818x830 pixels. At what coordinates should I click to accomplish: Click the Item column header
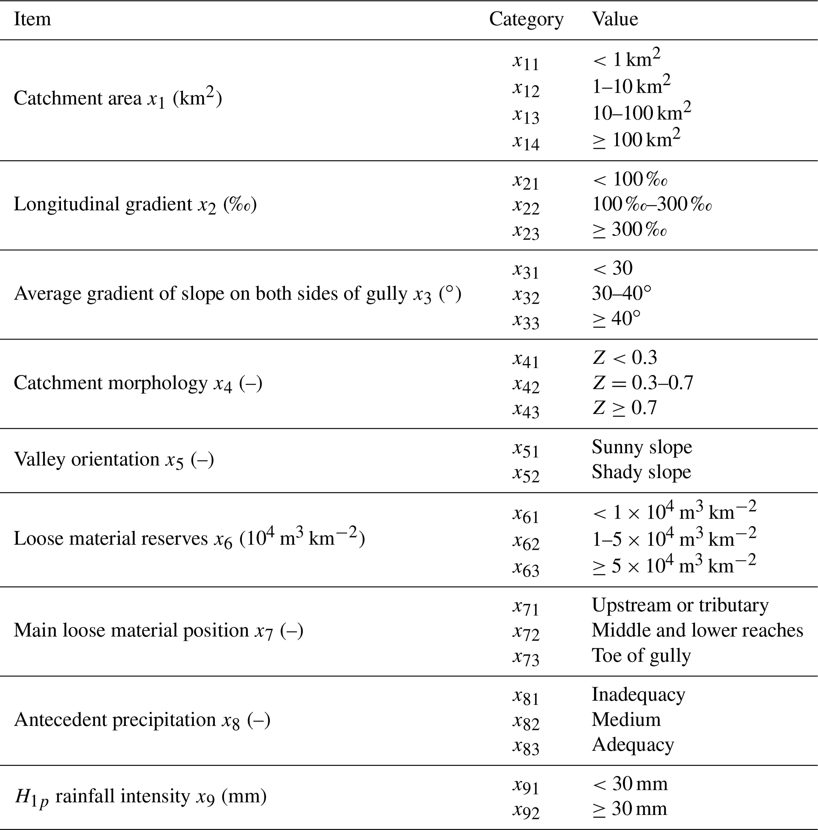[x=32, y=19]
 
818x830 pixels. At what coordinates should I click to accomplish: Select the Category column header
[x=526, y=19]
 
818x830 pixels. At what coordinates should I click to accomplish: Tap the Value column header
[x=615, y=19]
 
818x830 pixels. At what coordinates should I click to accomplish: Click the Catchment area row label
[x=118, y=99]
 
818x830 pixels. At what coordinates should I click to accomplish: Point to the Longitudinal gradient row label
[x=135, y=205]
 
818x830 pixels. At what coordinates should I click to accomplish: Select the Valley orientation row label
[x=114, y=459]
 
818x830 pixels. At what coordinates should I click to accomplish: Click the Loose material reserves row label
[x=189, y=538]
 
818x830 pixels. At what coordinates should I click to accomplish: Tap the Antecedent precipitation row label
[x=142, y=720]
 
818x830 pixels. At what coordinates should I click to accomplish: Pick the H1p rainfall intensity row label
[x=140, y=796]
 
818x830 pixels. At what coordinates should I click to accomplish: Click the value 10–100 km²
[x=641, y=112]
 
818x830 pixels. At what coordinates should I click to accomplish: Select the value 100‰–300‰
[x=652, y=204]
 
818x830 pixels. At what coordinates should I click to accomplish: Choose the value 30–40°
[x=621, y=293]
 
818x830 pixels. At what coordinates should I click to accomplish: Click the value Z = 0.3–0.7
[x=643, y=382]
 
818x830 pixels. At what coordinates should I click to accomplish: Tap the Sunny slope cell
[x=642, y=447]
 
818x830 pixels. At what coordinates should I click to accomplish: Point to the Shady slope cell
[x=641, y=472]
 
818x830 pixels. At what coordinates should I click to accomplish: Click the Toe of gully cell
[x=641, y=655]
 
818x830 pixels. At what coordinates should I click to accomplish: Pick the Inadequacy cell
[x=638, y=695]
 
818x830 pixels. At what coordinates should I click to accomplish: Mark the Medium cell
[x=626, y=720]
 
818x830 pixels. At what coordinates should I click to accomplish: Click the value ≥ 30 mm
[x=629, y=809]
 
